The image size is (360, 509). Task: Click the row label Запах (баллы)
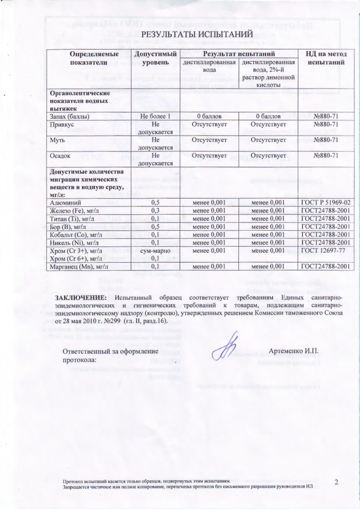tap(70, 116)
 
